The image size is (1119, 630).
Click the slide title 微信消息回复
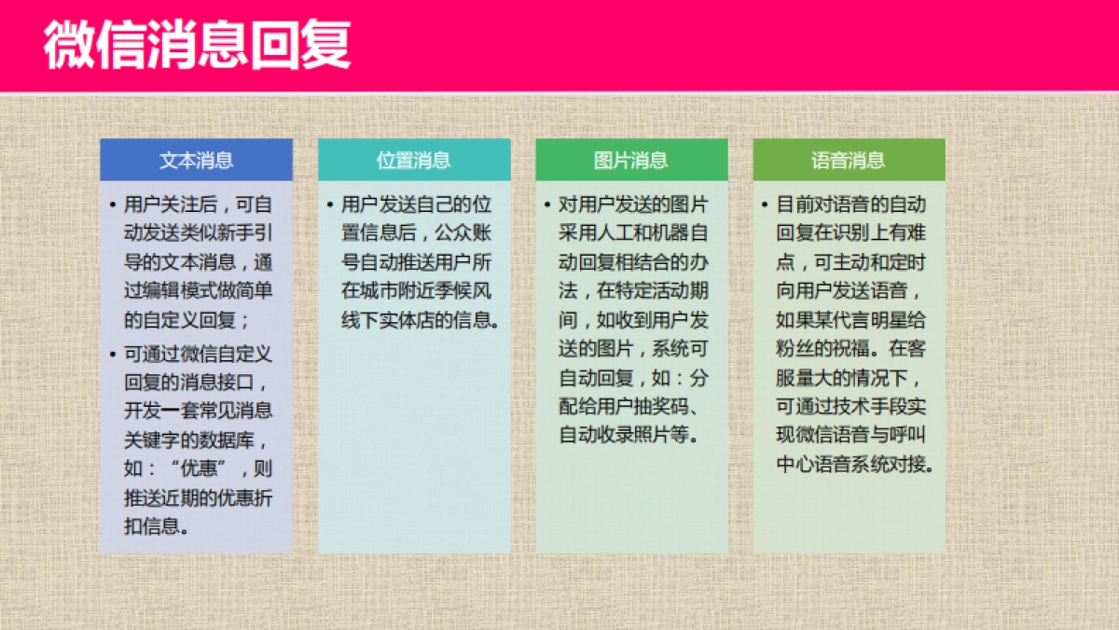[x=197, y=44]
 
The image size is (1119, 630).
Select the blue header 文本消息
[x=196, y=160]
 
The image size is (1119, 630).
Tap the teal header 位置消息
[x=413, y=160]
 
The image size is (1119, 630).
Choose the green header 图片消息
[x=631, y=160]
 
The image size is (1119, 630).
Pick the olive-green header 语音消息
[x=849, y=160]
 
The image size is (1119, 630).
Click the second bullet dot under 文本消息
[x=113, y=354]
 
